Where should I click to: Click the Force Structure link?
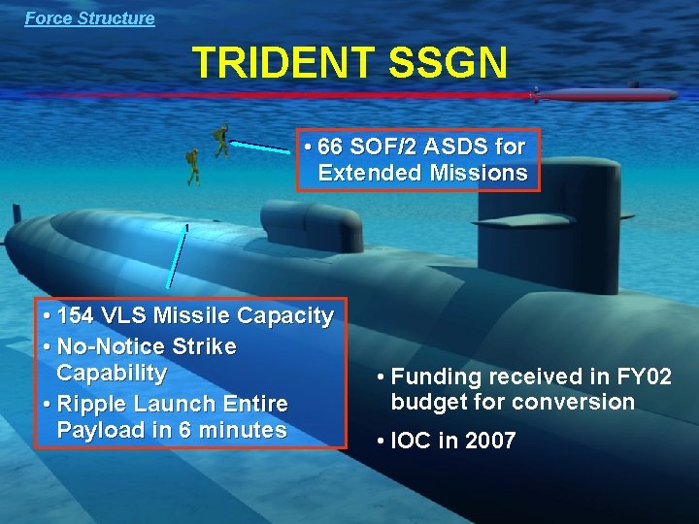click(x=89, y=17)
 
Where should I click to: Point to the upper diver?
click(x=222, y=140)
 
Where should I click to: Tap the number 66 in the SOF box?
click(x=331, y=147)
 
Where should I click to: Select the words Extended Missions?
click(x=422, y=174)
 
